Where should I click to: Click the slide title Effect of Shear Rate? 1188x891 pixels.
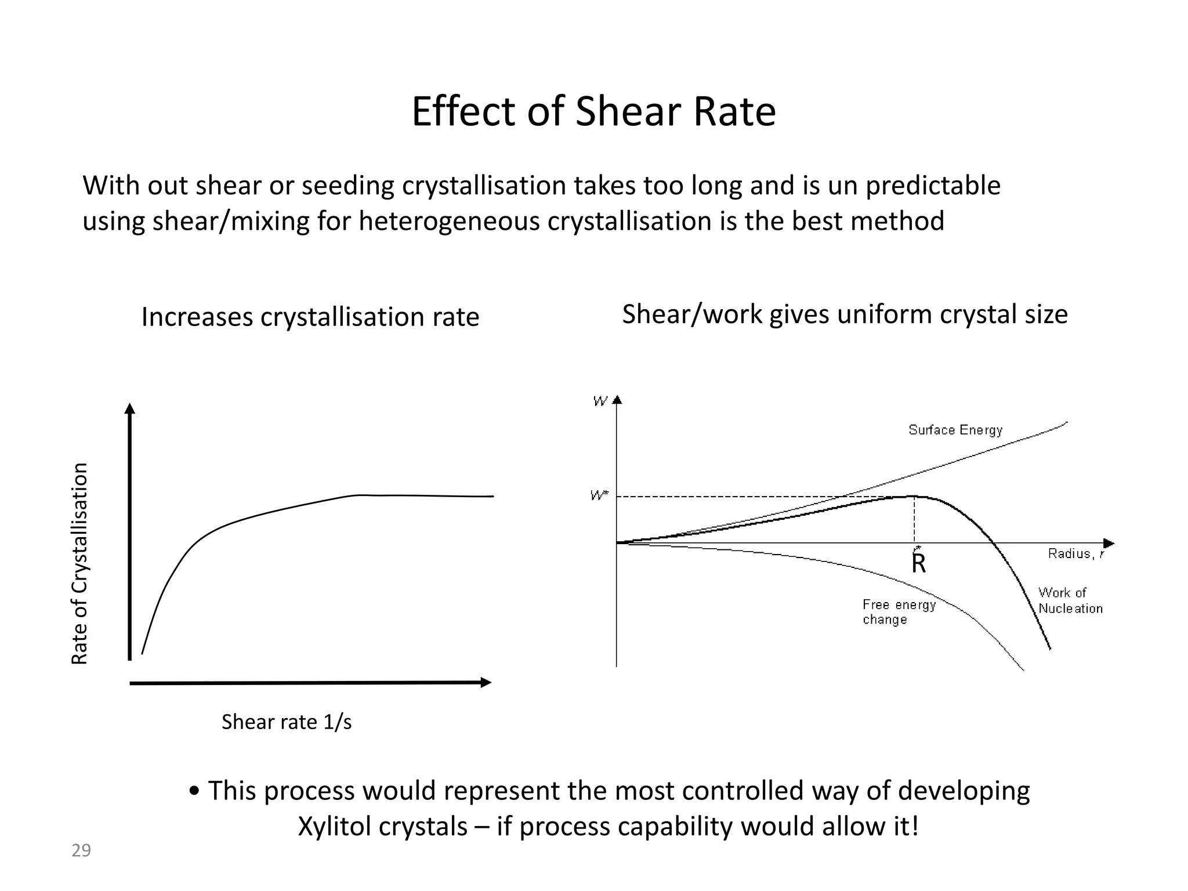[593, 111]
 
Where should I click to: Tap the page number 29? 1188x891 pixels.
[81, 850]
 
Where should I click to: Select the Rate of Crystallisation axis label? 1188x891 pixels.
[79, 563]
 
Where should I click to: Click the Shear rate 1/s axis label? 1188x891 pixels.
[287, 722]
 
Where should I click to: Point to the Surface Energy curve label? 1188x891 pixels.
[955, 430]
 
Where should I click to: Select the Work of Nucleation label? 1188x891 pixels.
[1070, 600]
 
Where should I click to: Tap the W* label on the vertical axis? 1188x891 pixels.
[599, 495]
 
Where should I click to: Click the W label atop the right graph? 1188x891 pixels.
[600, 401]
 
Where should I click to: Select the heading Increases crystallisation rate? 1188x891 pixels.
[310, 317]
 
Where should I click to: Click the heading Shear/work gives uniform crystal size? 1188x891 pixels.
[845, 314]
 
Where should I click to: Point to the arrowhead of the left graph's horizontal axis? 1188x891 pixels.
[486, 683]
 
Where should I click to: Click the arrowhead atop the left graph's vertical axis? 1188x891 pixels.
[130, 408]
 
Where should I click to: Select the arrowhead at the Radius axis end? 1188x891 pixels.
[1109, 544]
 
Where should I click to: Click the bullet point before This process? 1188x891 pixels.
[195, 791]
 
